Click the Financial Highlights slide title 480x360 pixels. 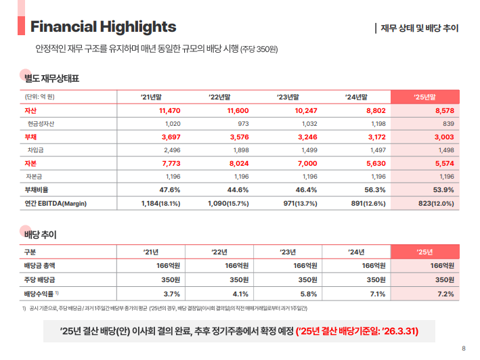pos(103,26)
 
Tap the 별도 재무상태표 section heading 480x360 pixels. pos(51,78)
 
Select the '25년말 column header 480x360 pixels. pos(424,97)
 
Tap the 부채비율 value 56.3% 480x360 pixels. pos(375,189)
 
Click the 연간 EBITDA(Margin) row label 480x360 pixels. pos(56,203)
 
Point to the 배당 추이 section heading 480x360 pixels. pos(40,234)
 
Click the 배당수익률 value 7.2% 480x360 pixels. pos(445,294)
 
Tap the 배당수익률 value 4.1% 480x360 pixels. pos(240,294)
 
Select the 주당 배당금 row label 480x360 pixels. pos(40,279)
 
